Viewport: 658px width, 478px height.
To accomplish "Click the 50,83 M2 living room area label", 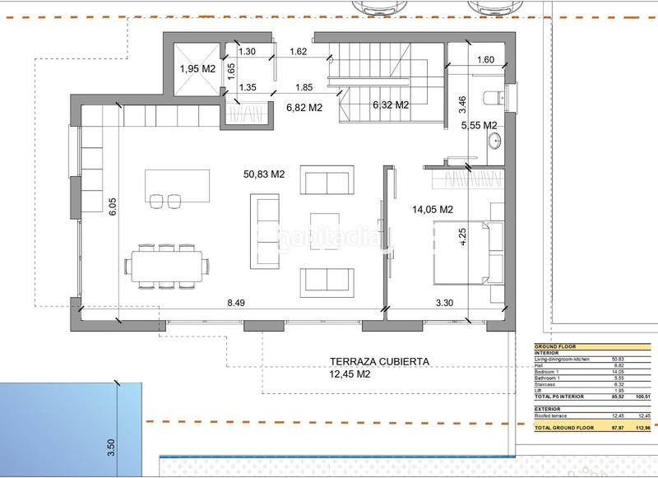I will (264, 174).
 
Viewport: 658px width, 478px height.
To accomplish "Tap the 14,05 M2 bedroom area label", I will (432, 210).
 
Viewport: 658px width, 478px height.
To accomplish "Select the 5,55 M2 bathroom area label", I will (479, 124).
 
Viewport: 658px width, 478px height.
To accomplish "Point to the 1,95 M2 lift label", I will (197, 68).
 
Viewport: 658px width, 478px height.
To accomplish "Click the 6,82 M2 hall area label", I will (304, 106).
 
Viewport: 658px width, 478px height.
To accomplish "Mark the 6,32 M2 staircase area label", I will (391, 104).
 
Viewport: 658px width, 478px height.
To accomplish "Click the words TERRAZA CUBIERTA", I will (380, 361).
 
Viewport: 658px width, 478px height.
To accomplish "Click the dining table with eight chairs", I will (168, 266).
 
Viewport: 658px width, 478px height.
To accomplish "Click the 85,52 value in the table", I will (618, 397).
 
